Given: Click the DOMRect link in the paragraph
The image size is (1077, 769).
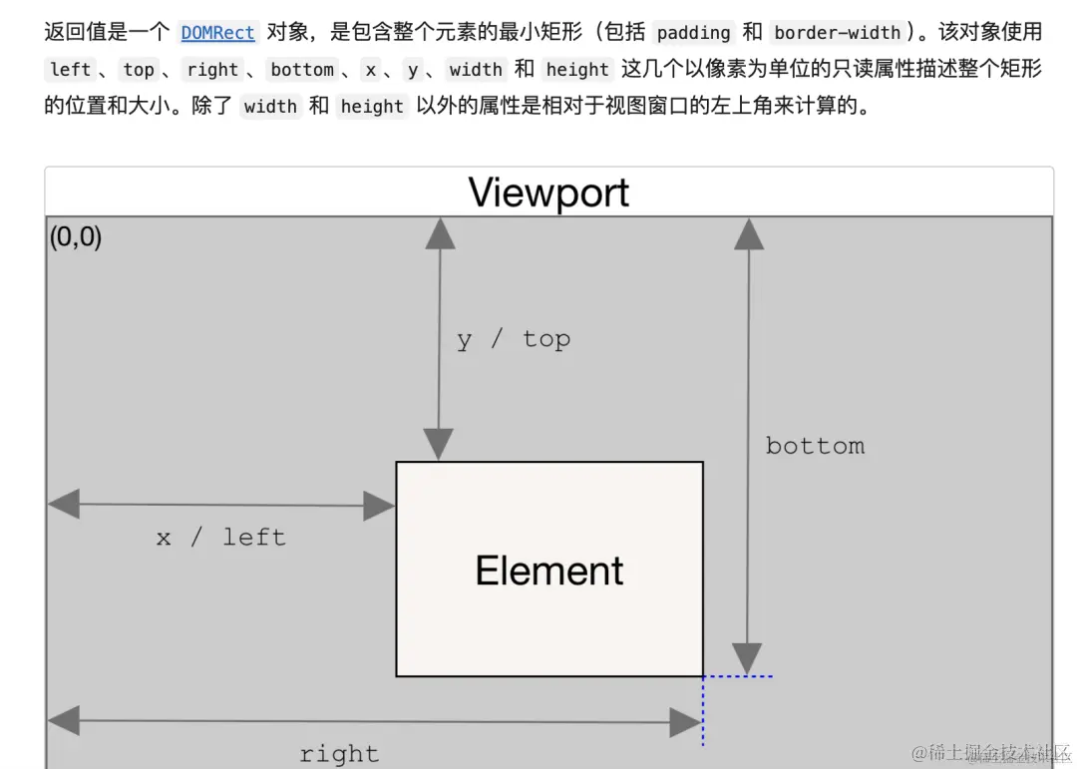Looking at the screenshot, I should click(x=217, y=33).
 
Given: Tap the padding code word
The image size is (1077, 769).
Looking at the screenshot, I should click(x=693, y=33).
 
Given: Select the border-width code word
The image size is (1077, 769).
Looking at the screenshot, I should click(x=837, y=33).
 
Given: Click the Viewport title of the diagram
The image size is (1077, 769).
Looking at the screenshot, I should click(x=548, y=192).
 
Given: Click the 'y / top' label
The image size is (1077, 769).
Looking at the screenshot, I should click(x=514, y=339).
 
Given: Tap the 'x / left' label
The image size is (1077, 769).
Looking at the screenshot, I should click(x=221, y=538).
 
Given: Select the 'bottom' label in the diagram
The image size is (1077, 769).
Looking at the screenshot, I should click(x=815, y=446).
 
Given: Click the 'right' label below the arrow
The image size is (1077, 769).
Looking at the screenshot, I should click(x=339, y=753).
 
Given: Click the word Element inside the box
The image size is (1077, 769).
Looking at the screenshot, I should click(x=549, y=571).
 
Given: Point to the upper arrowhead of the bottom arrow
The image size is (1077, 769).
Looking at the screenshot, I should click(x=748, y=233).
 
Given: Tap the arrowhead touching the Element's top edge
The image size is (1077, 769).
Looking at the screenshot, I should click(x=439, y=445).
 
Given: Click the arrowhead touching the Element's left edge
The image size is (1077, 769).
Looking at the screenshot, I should click(x=379, y=506).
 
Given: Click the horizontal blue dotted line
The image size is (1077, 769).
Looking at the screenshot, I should click(x=738, y=676).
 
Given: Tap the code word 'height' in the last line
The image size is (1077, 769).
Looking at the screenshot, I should click(x=372, y=107).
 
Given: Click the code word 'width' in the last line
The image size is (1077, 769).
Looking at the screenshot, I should click(x=270, y=107).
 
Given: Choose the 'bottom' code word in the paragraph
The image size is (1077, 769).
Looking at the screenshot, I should click(x=302, y=70).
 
